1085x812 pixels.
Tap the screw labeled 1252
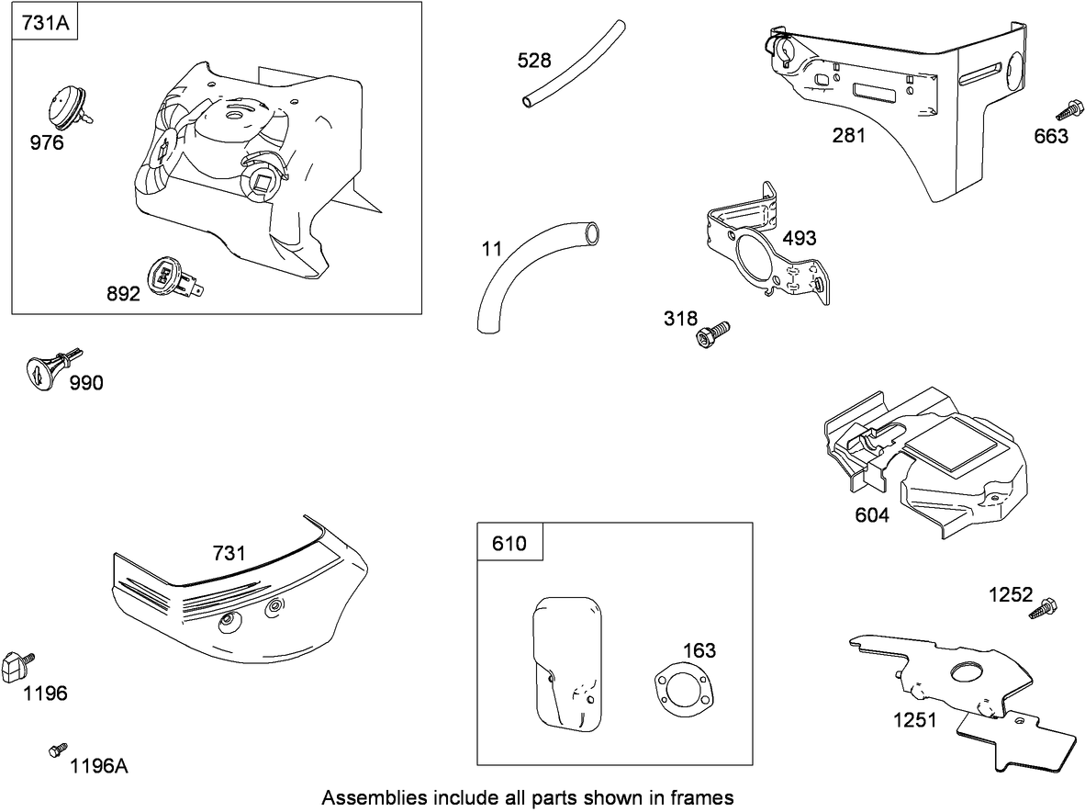[x=1045, y=608]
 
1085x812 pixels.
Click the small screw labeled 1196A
[x=58, y=750]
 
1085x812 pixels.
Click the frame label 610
[x=509, y=543]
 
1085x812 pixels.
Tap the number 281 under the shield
[x=848, y=136]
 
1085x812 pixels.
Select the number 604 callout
[x=871, y=515]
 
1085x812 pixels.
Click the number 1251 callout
[x=915, y=720]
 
